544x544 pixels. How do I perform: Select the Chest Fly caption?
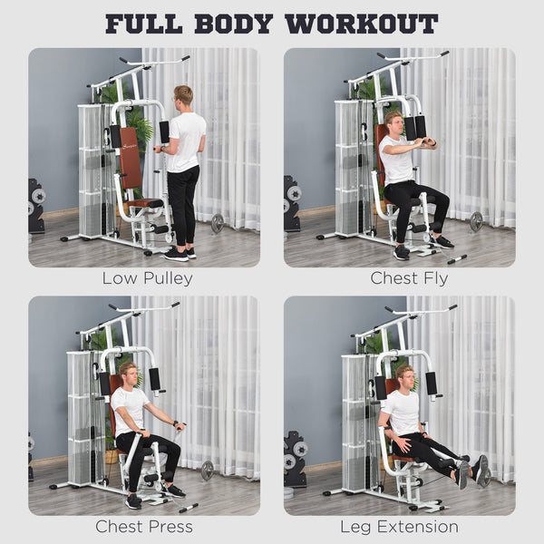409,278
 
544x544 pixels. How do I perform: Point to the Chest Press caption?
144,526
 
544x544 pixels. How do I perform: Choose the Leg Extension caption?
399,526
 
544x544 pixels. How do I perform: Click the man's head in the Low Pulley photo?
184,97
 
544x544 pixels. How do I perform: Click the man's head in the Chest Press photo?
130,373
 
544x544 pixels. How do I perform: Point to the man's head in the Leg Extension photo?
404,375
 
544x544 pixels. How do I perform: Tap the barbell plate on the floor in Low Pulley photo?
218,223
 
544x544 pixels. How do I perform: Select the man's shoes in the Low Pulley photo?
177,254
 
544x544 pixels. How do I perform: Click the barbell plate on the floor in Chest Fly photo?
476,221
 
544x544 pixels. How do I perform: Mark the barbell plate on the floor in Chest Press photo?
208,470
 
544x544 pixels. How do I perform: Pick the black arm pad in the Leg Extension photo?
431,383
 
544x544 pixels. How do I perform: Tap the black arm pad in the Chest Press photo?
154,379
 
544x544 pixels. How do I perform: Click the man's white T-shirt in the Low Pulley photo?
187,141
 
